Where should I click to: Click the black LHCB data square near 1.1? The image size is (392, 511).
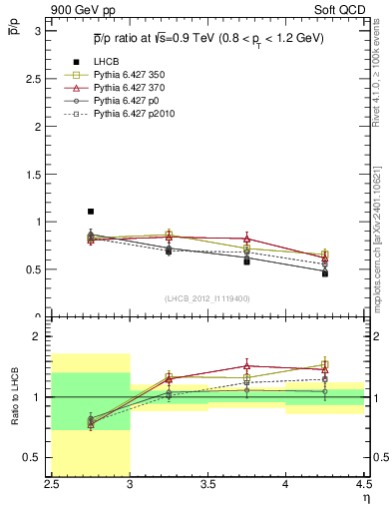[91, 212]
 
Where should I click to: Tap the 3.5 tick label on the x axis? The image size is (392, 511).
[207, 486]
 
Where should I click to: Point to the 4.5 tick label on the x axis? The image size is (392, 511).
[362, 486]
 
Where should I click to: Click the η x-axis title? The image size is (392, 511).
[365, 498]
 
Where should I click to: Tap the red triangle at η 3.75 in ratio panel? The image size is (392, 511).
[246, 366]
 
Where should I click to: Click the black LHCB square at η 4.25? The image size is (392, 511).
[324, 273]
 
